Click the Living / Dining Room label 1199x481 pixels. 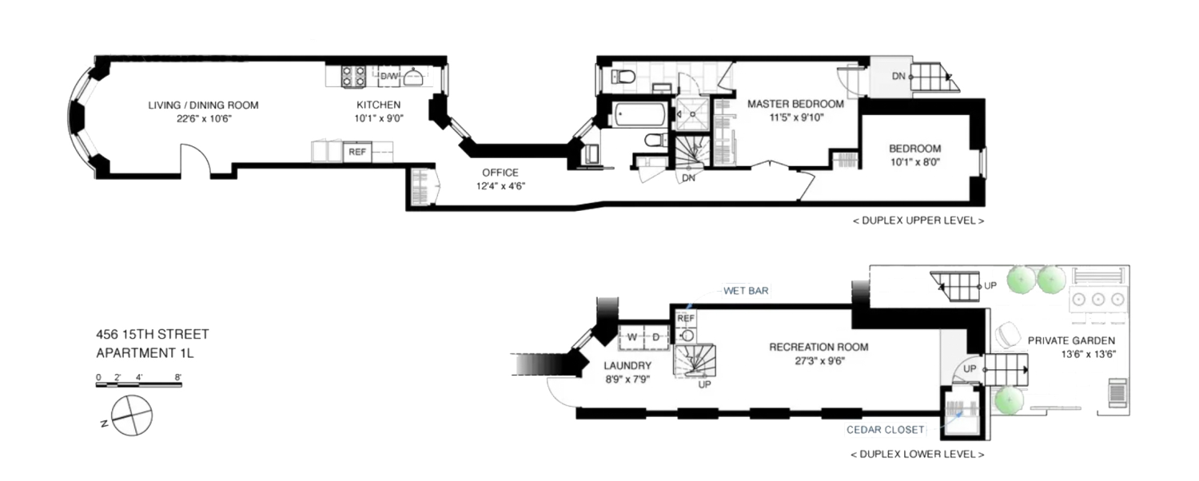203,105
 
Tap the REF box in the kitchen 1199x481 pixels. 357,151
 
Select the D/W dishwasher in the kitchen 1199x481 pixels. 389,76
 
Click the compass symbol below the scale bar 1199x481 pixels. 129,415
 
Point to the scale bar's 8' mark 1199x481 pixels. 177,376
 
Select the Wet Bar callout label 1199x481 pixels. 747,292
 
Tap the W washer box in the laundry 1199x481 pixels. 631,336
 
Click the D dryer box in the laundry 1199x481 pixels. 655,336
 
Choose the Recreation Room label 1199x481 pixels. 818,347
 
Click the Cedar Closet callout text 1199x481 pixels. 886,430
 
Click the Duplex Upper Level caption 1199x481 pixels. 918,221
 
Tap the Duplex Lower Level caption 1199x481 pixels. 918,455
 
